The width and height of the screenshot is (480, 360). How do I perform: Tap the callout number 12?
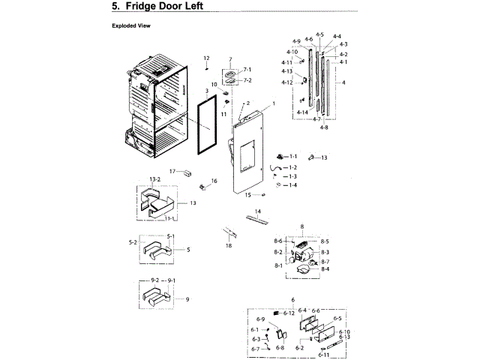tap(205, 58)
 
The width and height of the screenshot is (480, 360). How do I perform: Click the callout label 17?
tap(171, 172)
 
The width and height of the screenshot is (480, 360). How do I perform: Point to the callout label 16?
tap(214, 181)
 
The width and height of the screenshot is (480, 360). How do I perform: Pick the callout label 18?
tap(229, 246)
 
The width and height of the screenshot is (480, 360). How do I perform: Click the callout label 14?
tap(257, 211)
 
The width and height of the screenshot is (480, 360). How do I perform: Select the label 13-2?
tap(155, 179)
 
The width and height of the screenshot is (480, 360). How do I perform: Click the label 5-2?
tap(133, 242)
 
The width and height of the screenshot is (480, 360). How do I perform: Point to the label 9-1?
tap(171, 280)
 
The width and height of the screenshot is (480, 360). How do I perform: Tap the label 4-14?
tap(302, 112)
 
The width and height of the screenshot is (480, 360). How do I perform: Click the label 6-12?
tap(289, 312)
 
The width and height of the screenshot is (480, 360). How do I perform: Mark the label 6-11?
tap(323, 354)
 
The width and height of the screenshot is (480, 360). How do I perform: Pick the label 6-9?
tap(261, 319)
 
